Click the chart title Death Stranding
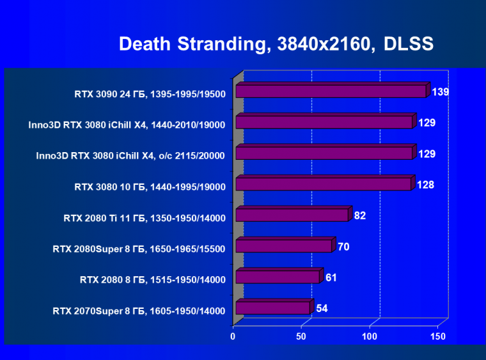point(276,44)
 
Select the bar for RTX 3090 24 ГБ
point(330,91)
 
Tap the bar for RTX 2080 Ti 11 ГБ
point(292,215)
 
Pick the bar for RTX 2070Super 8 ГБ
point(272,308)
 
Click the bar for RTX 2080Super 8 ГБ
point(283,246)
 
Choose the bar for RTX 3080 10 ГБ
point(323,185)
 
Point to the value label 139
point(440,92)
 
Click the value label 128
point(425,185)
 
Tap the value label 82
point(360,215)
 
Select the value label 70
point(343,246)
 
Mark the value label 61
point(331,278)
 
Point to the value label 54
point(322,308)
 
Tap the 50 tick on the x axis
point(302,336)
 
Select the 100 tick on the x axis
point(370,336)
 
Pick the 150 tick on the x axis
point(438,336)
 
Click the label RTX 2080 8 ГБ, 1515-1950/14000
point(153,279)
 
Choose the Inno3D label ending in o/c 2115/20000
point(130,156)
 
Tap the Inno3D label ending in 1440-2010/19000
point(127,125)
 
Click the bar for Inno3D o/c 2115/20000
point(324,153)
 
